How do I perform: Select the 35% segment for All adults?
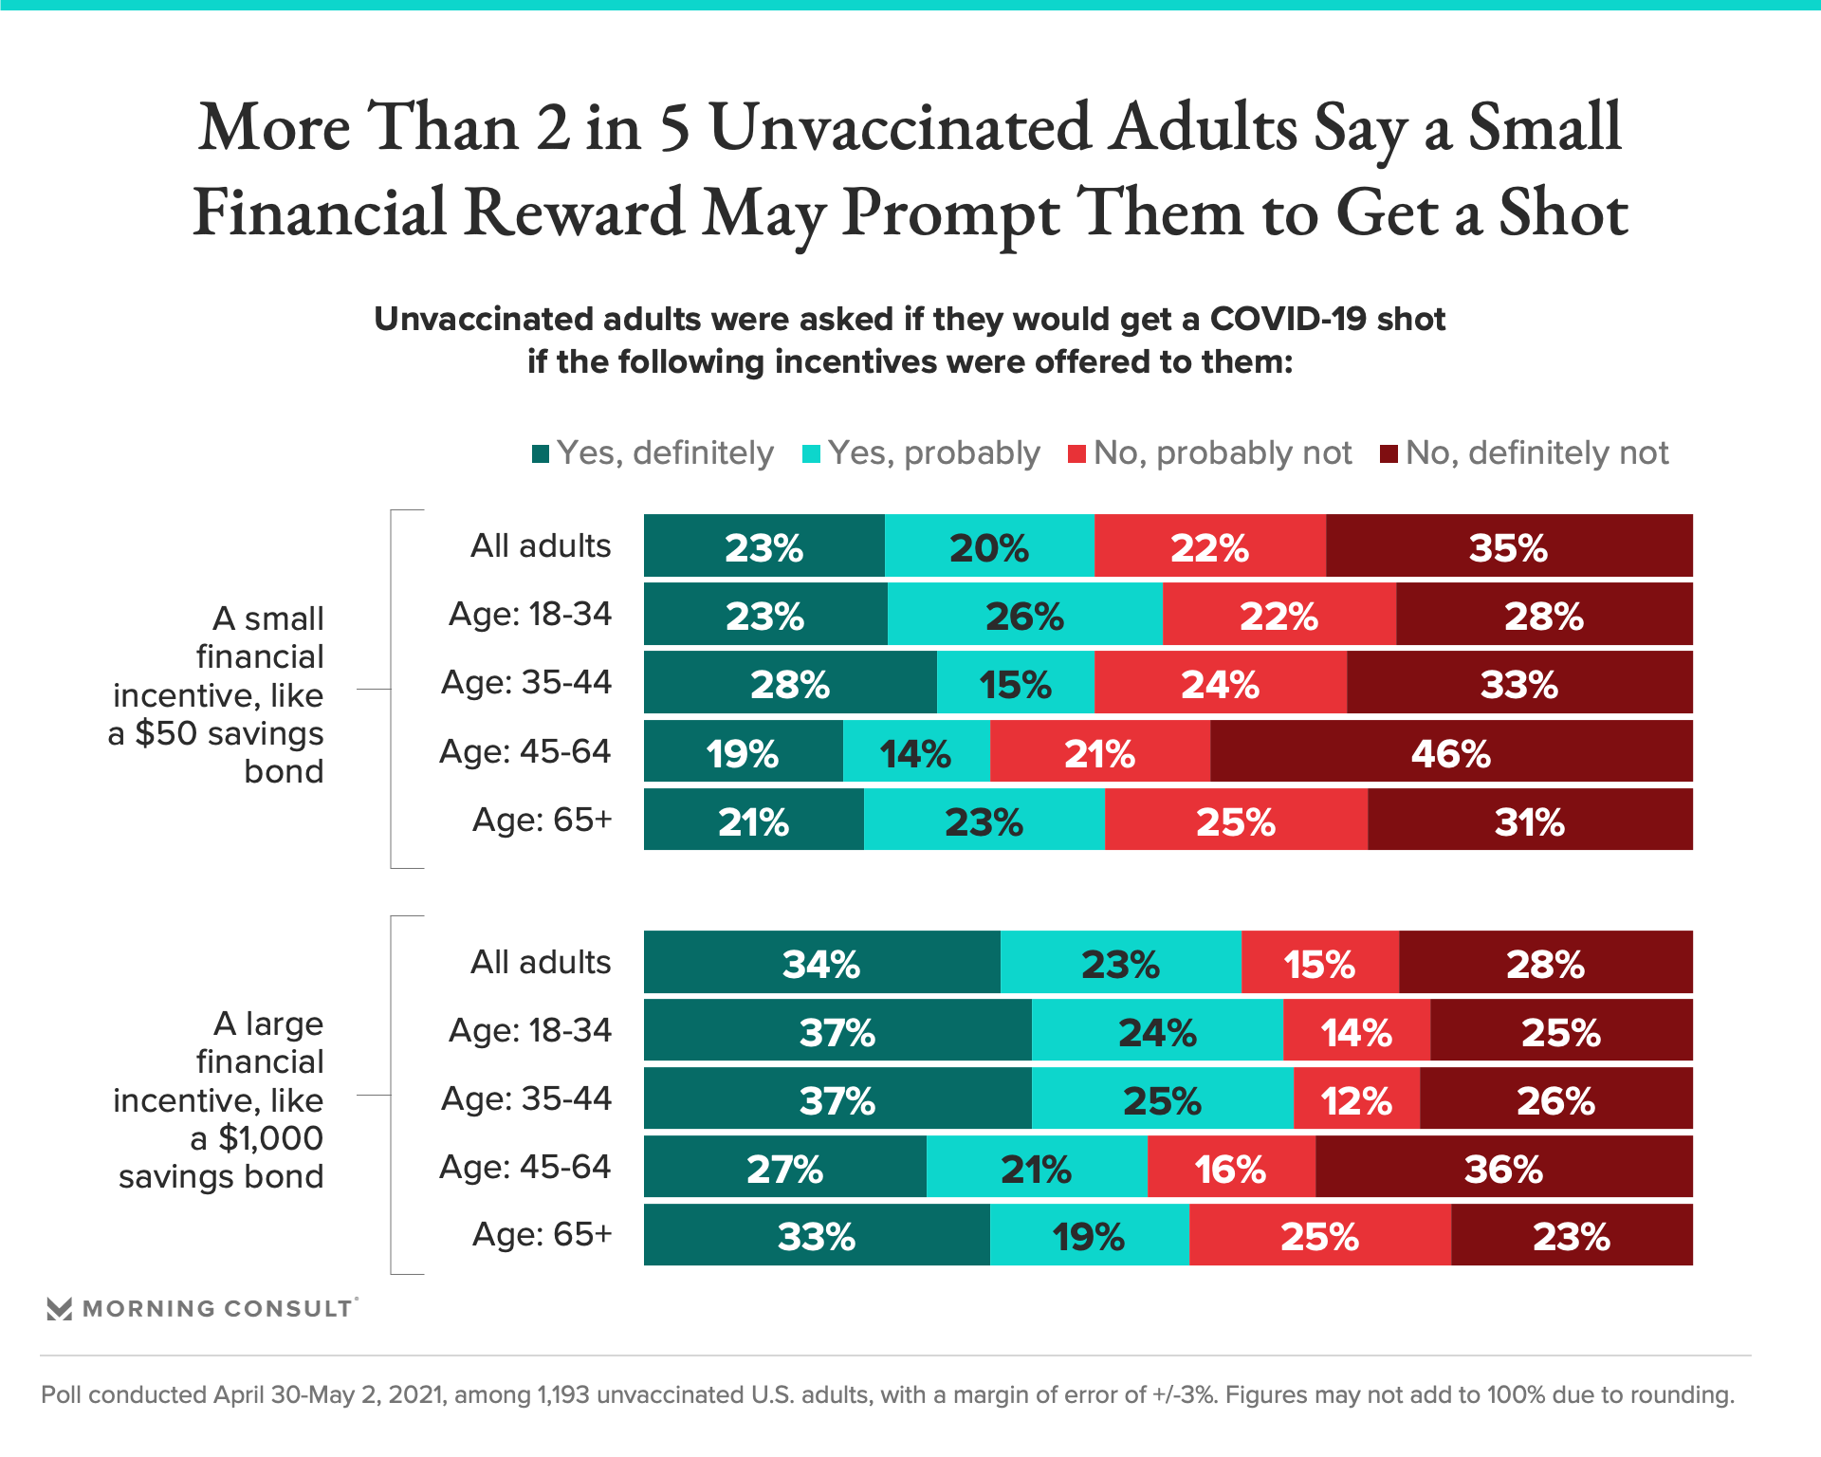point(1508,546)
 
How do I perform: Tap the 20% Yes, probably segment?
point(989,546)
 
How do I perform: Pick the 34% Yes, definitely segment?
point(821,963)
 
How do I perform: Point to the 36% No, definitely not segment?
point(1503,1168)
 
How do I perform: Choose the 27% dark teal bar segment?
point(784,1168)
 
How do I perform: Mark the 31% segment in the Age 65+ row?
point(1529,821)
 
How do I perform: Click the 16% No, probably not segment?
point(1230,1168)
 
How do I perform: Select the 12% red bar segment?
point(1356,1099)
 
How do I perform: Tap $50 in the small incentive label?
point(166,733)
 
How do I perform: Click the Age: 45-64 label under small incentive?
point(525,752)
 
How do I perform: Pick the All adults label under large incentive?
point(541,963)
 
